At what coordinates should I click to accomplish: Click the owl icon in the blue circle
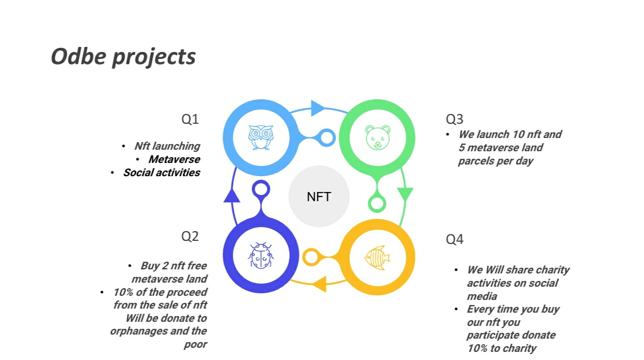[261, 137]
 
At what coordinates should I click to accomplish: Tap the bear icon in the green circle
[377, 137]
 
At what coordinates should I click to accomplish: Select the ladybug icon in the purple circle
[261, 255]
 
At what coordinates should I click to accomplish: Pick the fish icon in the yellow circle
[377, 257]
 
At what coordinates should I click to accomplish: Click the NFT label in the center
[319, 197]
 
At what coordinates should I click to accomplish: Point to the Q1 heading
[190, 119]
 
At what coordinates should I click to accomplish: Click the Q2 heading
[190, 236]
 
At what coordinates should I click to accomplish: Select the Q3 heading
[455, 119]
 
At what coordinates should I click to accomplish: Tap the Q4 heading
[455, 239]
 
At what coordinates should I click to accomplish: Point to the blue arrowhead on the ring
[318, 108]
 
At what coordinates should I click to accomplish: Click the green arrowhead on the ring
[405, 194]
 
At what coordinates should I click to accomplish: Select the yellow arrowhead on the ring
[319, 284]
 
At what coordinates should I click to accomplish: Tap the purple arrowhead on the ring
[232, 196]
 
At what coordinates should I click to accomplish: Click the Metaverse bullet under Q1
[174, 159]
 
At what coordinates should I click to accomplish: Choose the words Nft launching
[167, 146]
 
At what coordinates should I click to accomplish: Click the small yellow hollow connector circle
[310, 257]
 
